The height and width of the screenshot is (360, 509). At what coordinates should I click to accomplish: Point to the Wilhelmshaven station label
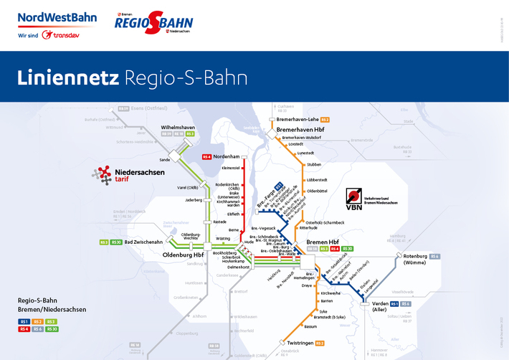[x=178, y=127]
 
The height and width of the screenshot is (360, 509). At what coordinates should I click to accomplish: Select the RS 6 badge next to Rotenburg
[x=435, y=256]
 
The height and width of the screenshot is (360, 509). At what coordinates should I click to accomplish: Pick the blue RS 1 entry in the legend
[x=24, y=322]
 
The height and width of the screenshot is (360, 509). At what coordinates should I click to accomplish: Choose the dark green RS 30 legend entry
[x=52, y=329]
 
